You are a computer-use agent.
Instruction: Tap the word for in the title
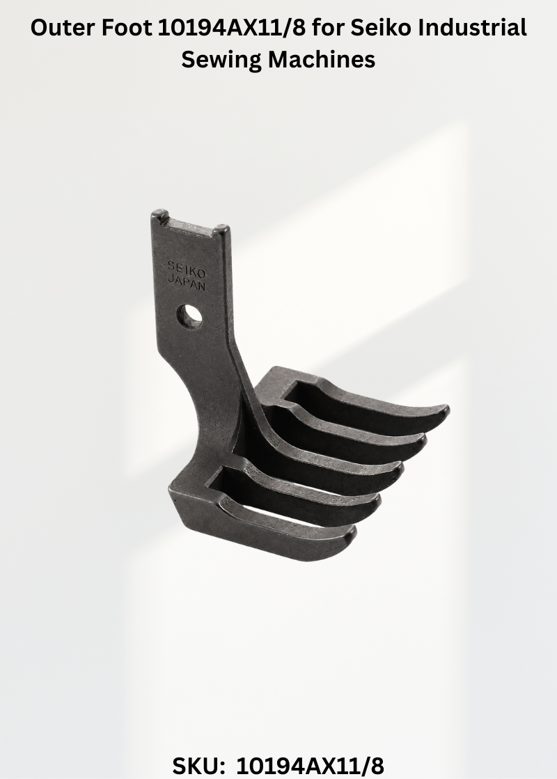coord(328,28)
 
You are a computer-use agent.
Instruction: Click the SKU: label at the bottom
coord(198,766)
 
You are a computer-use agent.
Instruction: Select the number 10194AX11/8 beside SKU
coord(310,766)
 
